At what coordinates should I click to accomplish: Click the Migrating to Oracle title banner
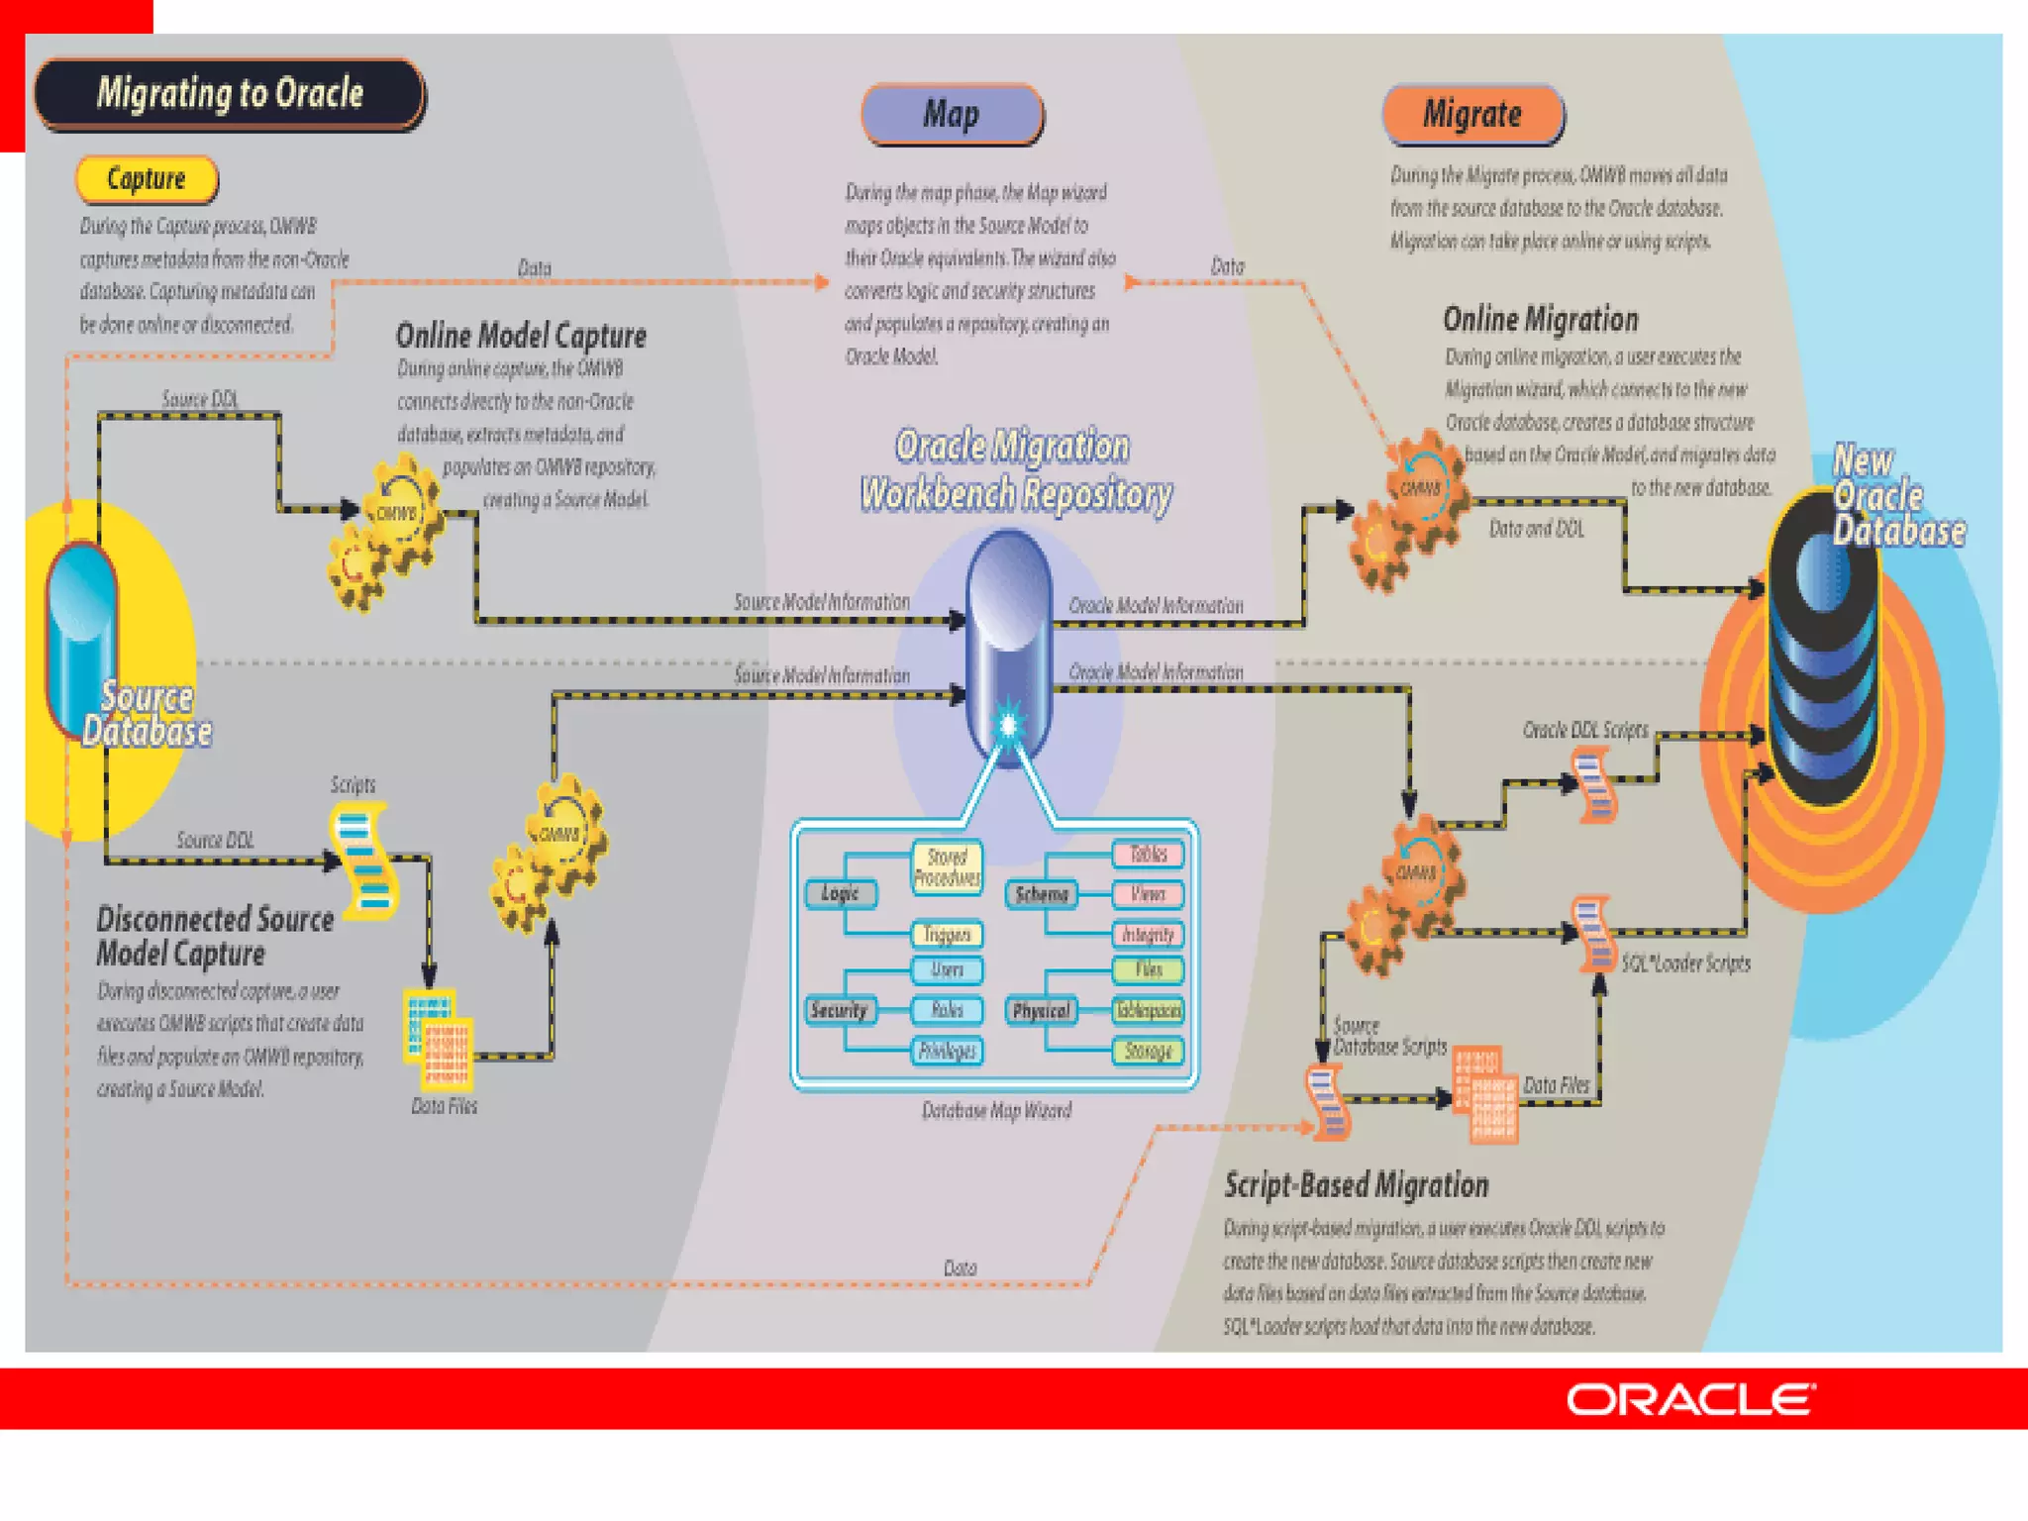point(230,93)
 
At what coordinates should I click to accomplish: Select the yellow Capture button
point(147,179)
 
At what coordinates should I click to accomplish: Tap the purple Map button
point(952,115)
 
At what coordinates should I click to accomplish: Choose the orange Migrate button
point(1472,115)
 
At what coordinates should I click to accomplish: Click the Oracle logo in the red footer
point(1690,1399)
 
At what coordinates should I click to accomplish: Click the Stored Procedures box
point(947,867)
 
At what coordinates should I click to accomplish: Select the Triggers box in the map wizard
point(947,934)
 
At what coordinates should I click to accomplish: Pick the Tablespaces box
point(1148,1010)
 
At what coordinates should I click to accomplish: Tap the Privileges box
point(947,1051)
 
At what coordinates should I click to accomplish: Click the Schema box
point(1042,894)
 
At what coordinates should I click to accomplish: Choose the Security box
point(839,1010)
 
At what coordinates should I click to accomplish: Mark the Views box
point(1148,894)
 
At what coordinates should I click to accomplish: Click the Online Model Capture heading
point(521,336)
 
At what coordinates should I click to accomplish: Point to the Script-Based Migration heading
point(1356,1185)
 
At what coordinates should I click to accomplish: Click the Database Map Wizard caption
point(996,1111)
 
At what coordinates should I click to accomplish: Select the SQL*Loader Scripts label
point(1685,963)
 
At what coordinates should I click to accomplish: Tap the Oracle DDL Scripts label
point(1584,731)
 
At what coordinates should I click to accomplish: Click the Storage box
point(1148,1051)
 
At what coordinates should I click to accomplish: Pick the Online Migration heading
point(1540,320)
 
